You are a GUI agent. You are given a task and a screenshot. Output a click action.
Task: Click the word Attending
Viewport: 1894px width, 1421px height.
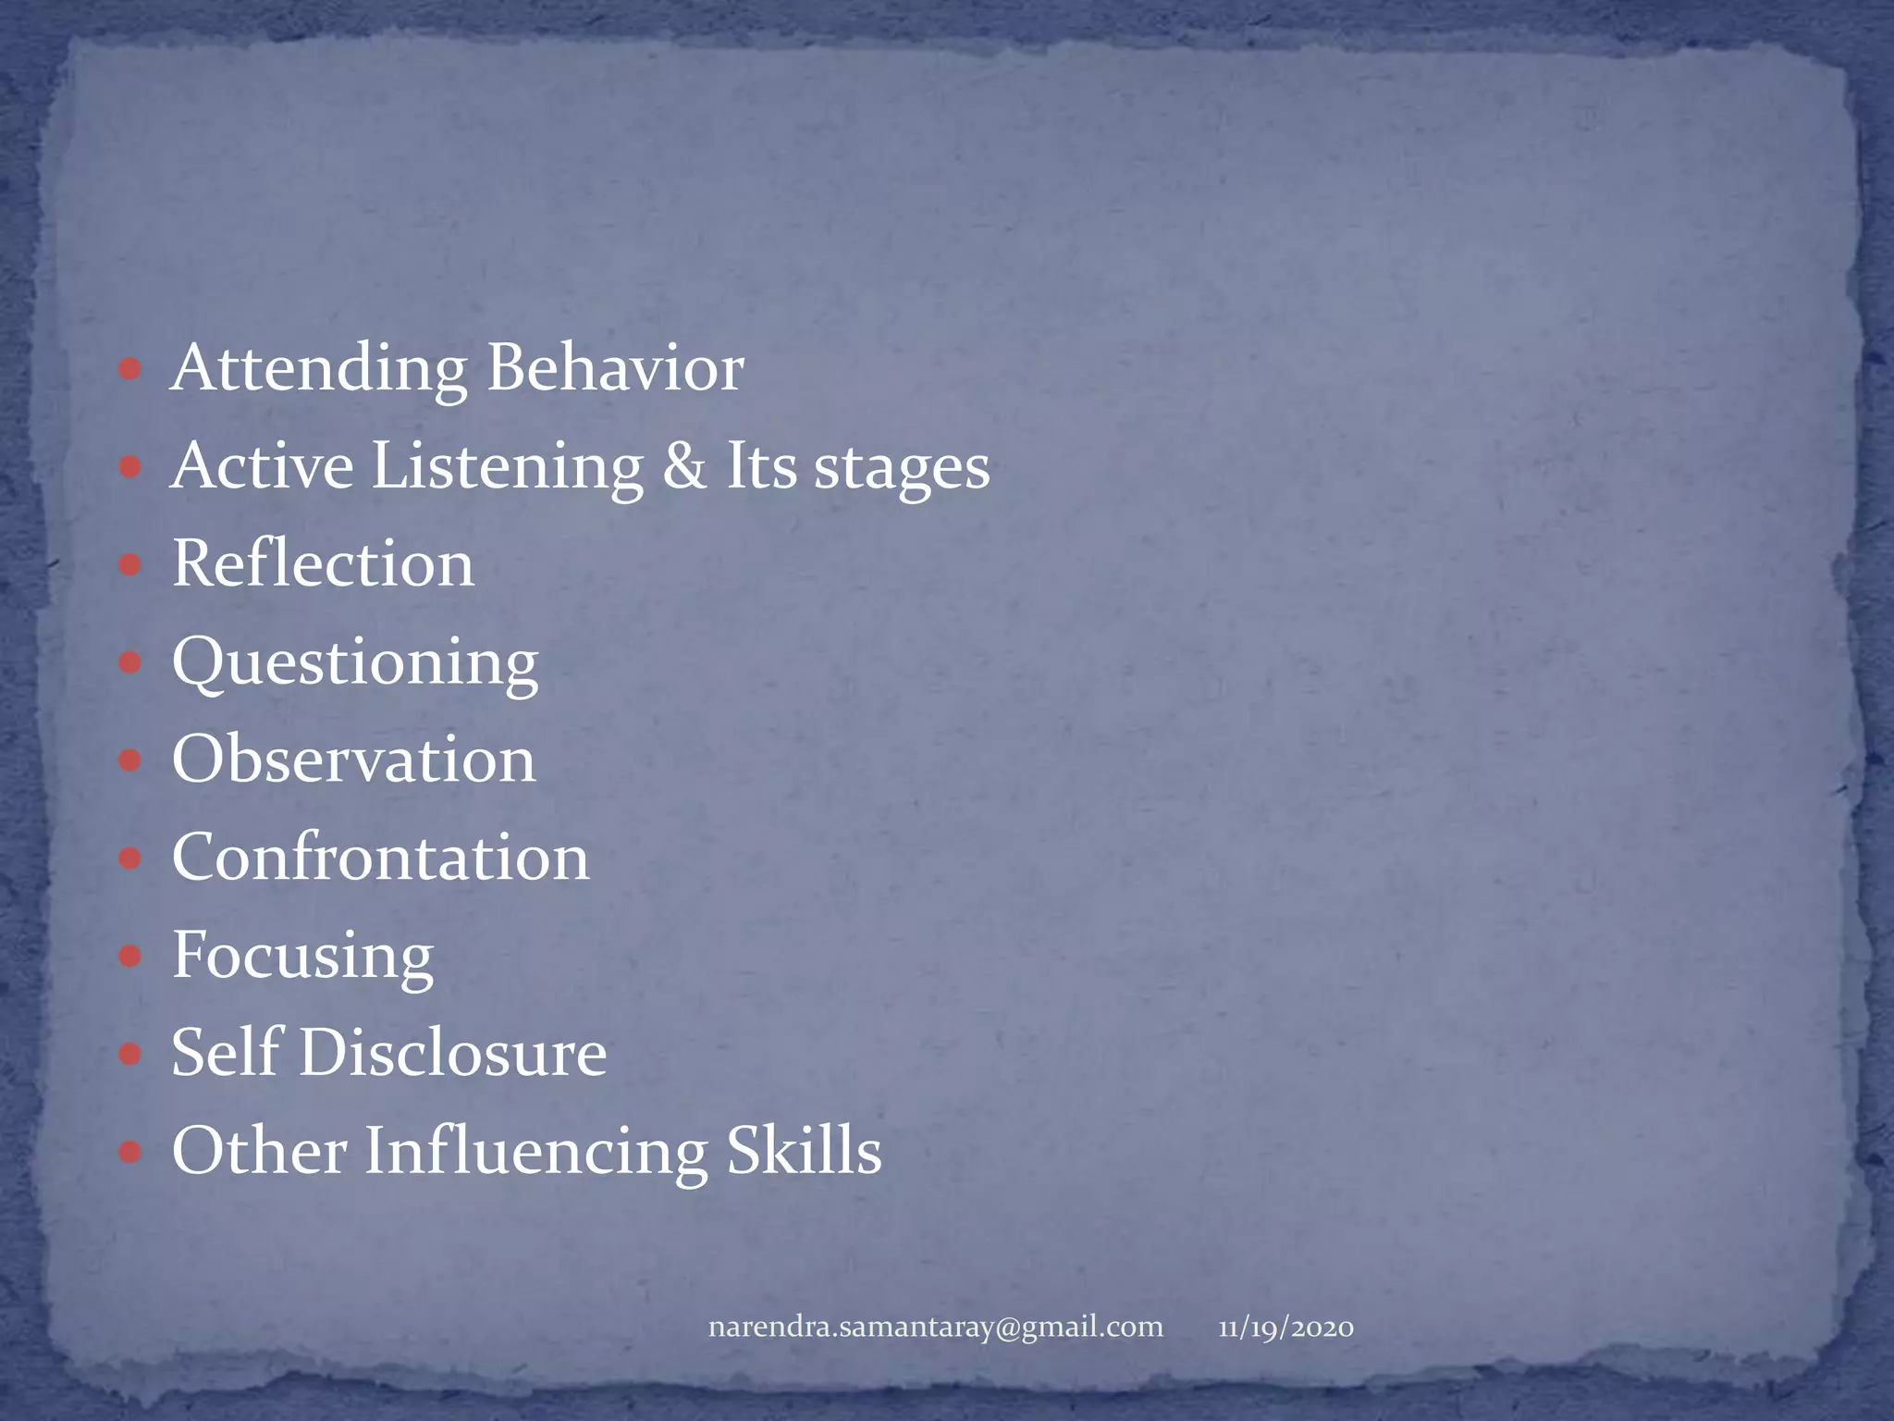pos(319,369)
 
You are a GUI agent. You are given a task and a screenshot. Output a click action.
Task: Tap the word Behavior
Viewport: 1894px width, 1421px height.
pos(615,367)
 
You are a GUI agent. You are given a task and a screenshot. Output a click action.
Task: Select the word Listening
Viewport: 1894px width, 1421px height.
pos(508,465)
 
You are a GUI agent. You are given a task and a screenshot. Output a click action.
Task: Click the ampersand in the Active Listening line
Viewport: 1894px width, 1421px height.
pos(683,465)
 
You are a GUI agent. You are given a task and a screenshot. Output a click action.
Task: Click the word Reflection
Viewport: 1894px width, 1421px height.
pos(323,563)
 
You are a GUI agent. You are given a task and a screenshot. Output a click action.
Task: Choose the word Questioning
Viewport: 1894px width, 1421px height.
pos(355,663)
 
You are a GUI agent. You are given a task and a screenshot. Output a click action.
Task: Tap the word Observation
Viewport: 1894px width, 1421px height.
pos(353,760)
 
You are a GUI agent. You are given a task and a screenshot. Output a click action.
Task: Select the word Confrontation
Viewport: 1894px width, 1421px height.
pos(380,858)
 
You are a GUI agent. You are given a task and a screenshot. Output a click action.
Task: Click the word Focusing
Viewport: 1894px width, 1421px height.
pos(302,956)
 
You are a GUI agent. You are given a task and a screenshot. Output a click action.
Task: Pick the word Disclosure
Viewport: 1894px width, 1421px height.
pos(452,1053)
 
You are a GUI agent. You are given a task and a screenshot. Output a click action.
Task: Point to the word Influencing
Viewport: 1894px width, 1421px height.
pos(536,1153)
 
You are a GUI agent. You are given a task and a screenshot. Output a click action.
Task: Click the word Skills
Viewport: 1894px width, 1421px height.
pos(804,1151)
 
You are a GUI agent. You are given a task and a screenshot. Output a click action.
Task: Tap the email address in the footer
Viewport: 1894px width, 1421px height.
pos(935,1328)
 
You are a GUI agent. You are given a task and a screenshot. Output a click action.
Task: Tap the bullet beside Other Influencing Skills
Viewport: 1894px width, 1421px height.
pos(130,1152)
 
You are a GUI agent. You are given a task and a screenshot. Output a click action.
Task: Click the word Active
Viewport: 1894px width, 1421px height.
pos(263,465)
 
